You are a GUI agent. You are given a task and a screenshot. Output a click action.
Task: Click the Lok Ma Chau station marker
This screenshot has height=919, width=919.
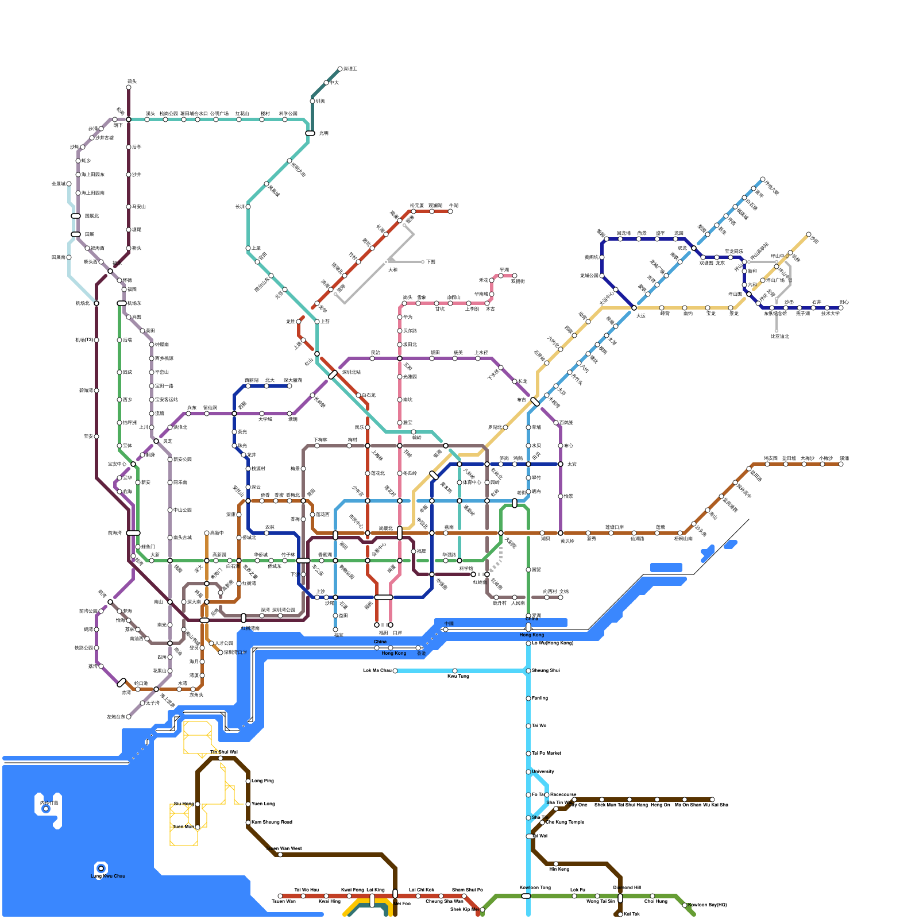point(395,671)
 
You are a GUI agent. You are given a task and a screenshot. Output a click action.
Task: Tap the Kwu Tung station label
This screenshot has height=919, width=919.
point(458,677)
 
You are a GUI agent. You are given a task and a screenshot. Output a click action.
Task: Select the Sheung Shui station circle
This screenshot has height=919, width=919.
point(528,671)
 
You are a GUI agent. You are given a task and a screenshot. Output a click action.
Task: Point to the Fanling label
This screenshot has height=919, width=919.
point(540,698)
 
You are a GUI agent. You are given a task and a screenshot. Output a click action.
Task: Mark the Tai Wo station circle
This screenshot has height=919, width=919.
point(528,726)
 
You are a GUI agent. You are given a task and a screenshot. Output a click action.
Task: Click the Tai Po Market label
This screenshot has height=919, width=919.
point(546,753)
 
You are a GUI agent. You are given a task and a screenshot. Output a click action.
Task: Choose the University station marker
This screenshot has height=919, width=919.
point(528,772)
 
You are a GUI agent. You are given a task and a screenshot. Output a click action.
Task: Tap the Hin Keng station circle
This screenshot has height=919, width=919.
point(556,864)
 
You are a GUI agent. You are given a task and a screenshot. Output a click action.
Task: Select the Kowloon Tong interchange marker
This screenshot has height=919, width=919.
point(526,896)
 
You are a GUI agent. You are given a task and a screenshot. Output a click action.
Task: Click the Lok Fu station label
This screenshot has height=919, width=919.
point(578,890)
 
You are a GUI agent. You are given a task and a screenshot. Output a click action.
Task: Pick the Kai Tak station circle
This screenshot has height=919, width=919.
point(620,914)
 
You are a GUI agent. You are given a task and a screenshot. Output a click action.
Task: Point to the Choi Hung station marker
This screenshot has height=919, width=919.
point(652,896)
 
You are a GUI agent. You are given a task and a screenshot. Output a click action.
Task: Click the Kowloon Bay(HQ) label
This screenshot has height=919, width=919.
point(708,905)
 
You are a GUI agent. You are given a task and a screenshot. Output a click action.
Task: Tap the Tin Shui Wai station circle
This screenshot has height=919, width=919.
point(221,758)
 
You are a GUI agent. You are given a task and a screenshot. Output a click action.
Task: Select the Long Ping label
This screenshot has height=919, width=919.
point(262,781)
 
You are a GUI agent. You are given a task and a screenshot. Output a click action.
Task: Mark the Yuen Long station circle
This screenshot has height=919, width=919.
point(248,804)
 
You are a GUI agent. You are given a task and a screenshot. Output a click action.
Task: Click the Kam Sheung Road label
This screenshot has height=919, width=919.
point(272,822)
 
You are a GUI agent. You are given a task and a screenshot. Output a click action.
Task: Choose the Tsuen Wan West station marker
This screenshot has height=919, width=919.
point(280,855)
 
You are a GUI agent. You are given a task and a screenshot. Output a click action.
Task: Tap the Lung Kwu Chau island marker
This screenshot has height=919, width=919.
point(101,868)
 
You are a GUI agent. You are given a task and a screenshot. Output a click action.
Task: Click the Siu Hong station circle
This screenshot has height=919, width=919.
point(198,804)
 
